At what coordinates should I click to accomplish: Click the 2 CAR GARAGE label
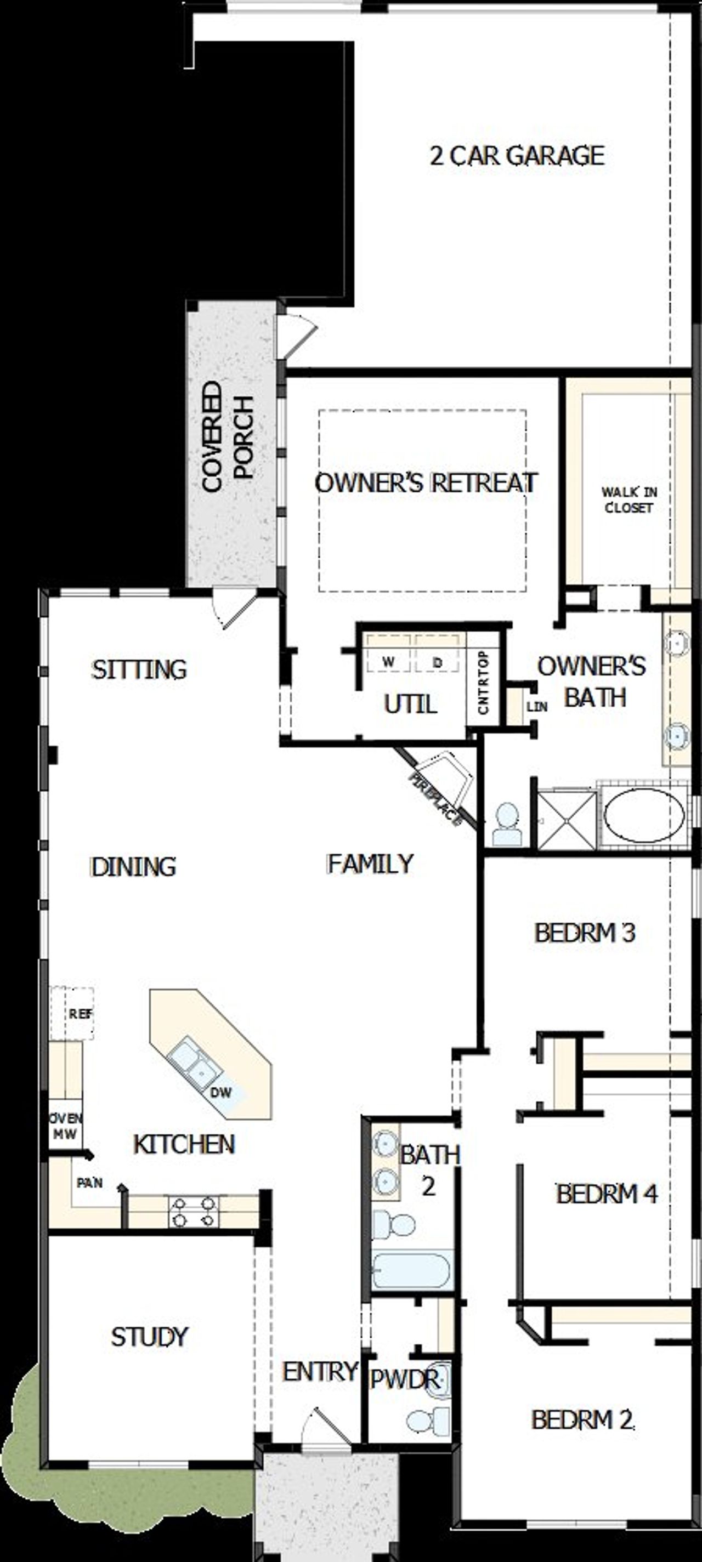coord(517,156)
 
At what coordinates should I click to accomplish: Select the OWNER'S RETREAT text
coord(426,482)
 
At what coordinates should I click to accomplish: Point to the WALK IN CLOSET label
coord(629,499)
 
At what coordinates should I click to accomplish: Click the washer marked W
coord(389,662)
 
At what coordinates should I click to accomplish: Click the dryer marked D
coord(437,662)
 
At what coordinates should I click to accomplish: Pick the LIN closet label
coord(536,706)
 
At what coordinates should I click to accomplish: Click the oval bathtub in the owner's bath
coord(644,815)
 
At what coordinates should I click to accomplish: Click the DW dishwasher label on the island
coord(221,1093)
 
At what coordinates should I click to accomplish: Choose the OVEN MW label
coord(65,1126)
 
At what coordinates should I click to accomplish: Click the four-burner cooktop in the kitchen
coord(193,1211)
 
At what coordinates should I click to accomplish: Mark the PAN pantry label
coord(90,1183)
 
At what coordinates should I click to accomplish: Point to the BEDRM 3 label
coord(584,933)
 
